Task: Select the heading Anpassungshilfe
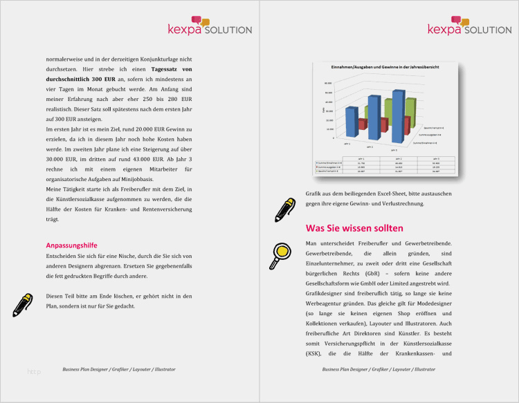71,245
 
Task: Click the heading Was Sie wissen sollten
354,228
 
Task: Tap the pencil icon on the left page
22,304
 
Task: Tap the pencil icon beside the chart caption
284,209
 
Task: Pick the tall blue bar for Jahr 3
397,114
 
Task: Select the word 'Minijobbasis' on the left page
132,179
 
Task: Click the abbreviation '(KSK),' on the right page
317,355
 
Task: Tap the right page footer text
379,370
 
